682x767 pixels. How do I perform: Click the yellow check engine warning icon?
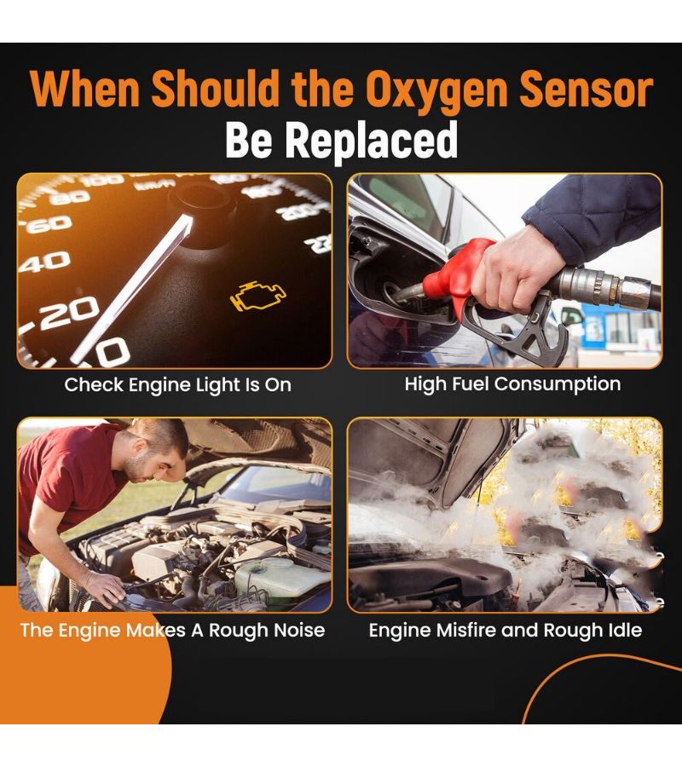point(258,297)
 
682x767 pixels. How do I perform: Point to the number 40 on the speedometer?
point(44,262)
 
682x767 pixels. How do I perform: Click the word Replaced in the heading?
point(372,140)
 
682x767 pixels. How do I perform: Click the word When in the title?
point(84,88)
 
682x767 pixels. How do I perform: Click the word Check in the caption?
point(94,385)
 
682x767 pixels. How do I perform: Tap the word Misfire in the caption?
point(466,630)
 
